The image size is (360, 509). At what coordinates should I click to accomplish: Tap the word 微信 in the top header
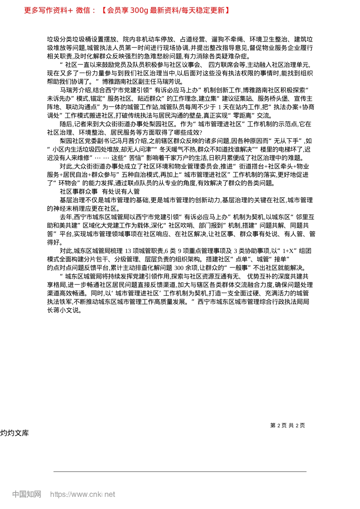pos(83,10)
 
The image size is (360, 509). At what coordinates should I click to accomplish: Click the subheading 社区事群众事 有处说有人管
pos(100,192)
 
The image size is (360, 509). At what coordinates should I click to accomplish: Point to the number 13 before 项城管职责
pos(128,251)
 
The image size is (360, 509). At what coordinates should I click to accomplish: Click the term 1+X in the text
pos(288,251)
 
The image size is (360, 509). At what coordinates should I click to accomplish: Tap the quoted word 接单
pos(281,259)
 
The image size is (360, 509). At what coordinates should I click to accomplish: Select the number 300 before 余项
pos(179,268)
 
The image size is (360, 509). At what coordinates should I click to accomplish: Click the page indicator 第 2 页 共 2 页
pos(288,425)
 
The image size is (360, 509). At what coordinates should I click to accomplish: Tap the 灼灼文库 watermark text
pos(14,433)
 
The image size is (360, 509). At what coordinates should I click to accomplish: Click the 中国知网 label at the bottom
pos(27,494)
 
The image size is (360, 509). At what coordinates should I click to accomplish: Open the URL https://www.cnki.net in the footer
pos(83,494)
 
